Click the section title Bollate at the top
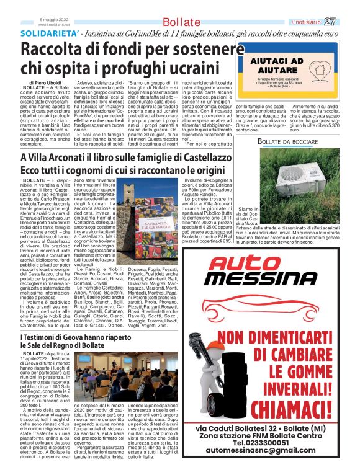[x=179, y=22]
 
